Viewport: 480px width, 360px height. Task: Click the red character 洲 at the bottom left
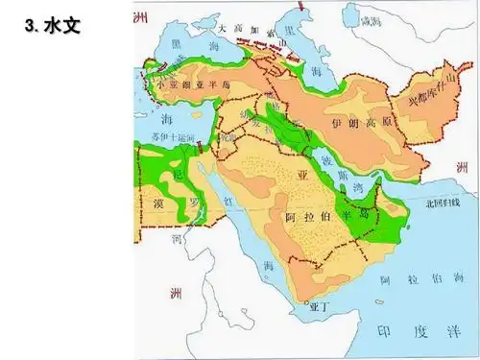pos(173,290)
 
